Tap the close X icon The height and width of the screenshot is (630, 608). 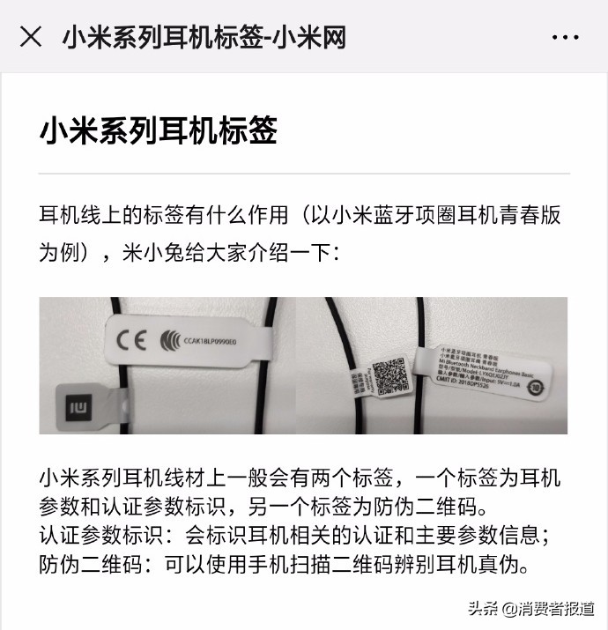click(x=31, y=36)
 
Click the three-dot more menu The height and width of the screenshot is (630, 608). click(x=565, y=37)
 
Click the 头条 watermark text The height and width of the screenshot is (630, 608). click(x=480, y=608)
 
